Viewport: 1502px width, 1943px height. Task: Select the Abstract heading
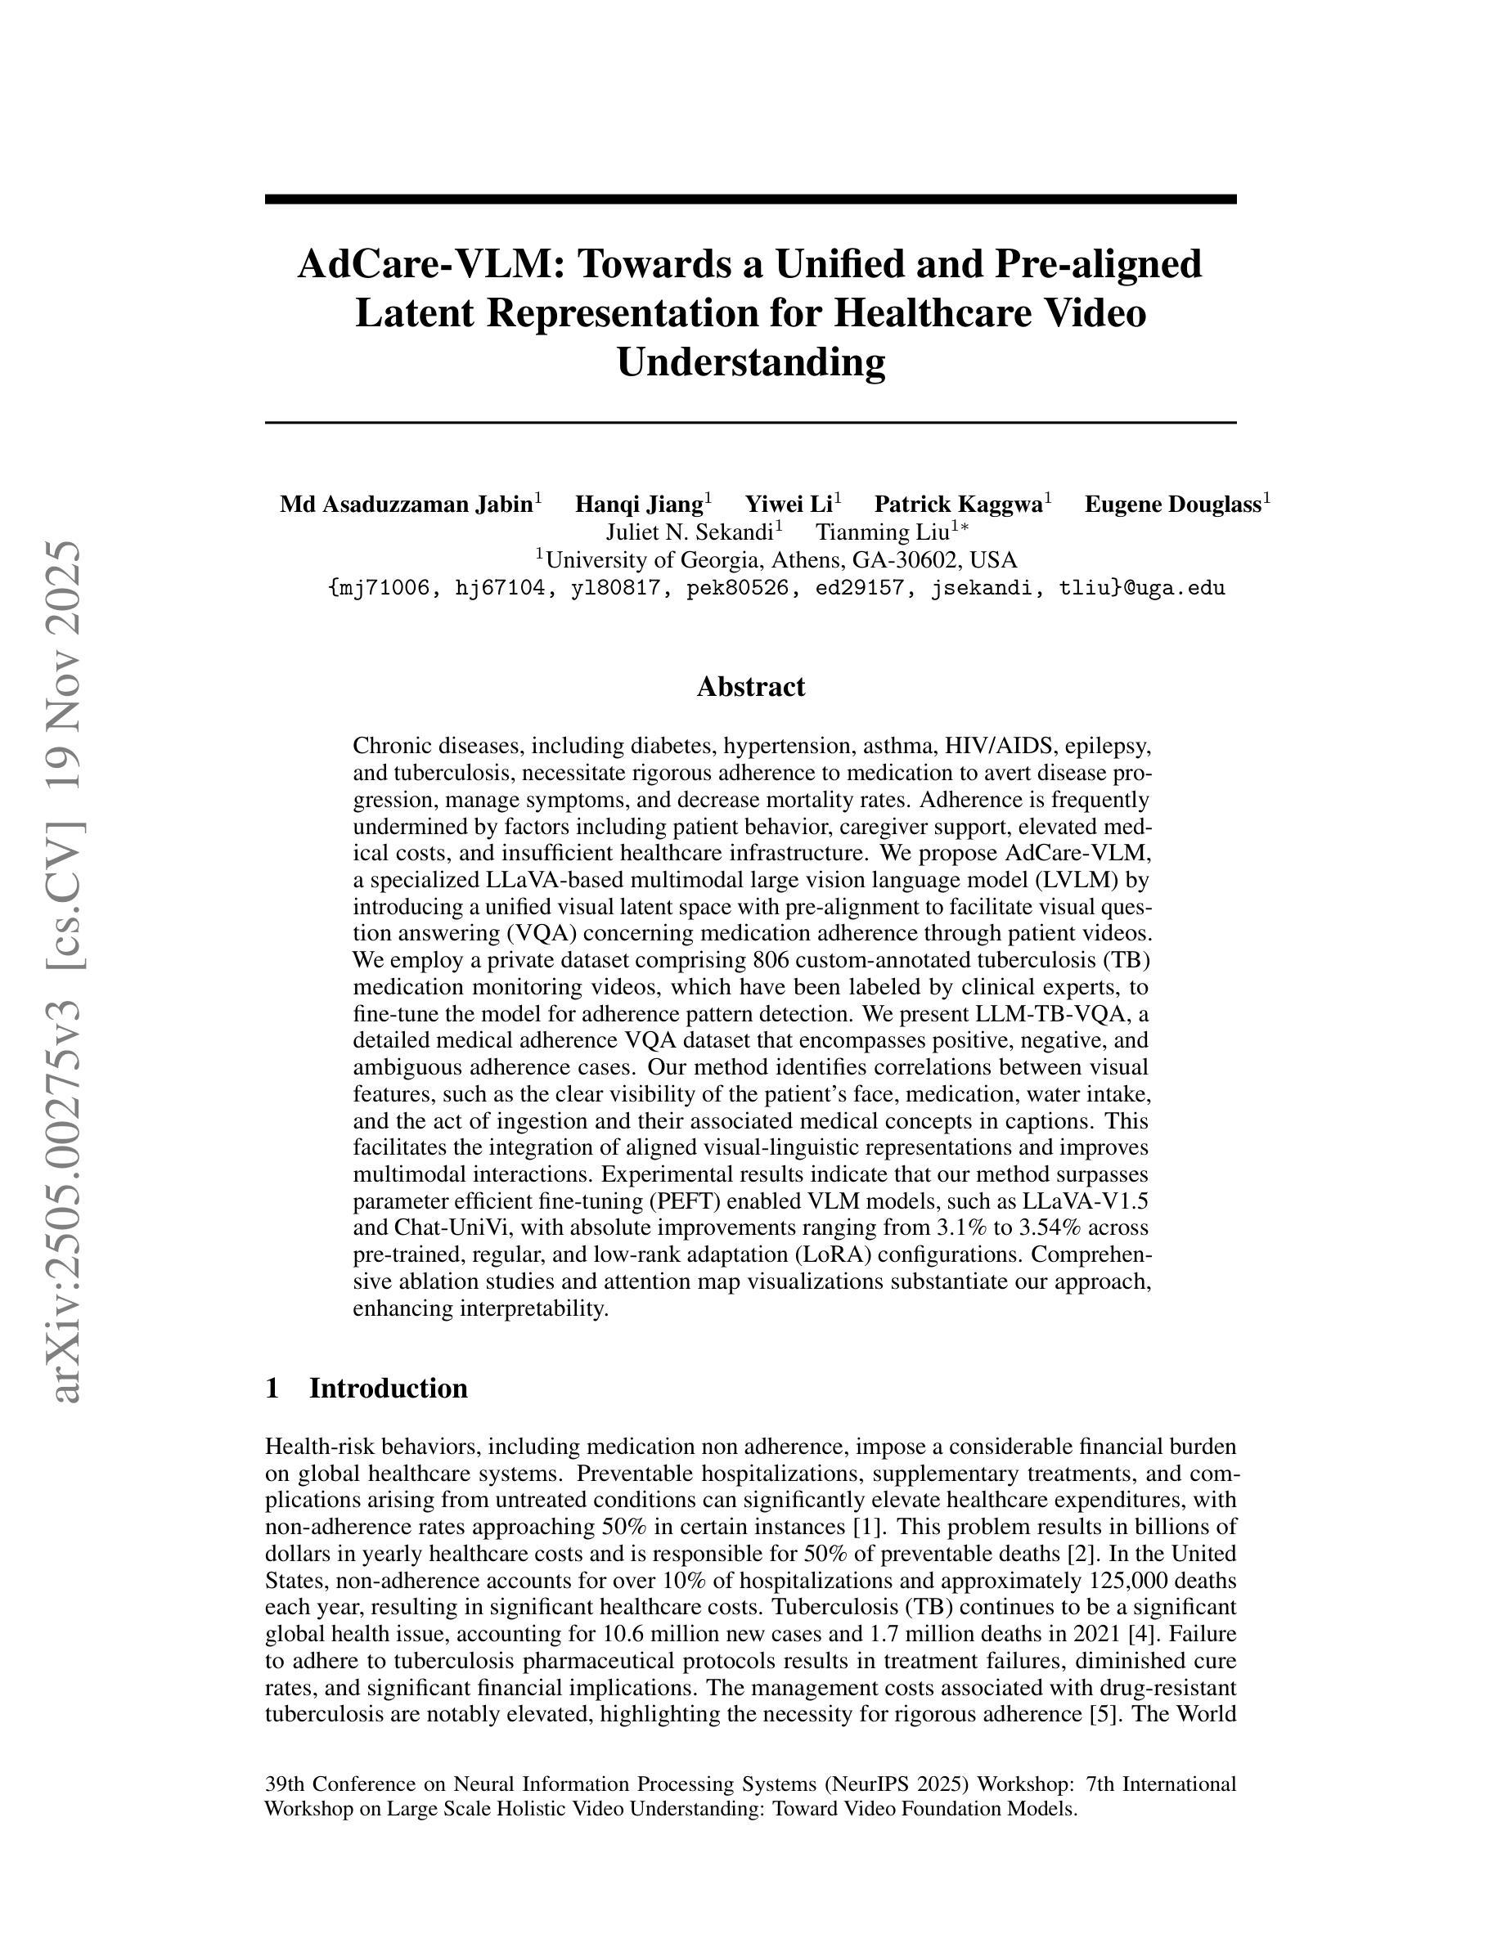pos(750,686)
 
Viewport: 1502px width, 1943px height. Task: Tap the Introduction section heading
pos(387,1388)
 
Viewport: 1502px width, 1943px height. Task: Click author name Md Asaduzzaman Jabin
pos(406,505)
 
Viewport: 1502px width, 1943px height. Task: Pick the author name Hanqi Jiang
pos(639,505)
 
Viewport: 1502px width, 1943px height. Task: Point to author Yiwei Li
pos(789,505)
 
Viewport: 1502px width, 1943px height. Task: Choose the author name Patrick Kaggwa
pos(958,505)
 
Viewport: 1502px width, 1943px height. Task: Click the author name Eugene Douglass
pos(1173,505)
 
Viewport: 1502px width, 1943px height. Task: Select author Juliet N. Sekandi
pos(690,532)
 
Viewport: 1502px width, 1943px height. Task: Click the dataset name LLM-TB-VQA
pos(1052,1013)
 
